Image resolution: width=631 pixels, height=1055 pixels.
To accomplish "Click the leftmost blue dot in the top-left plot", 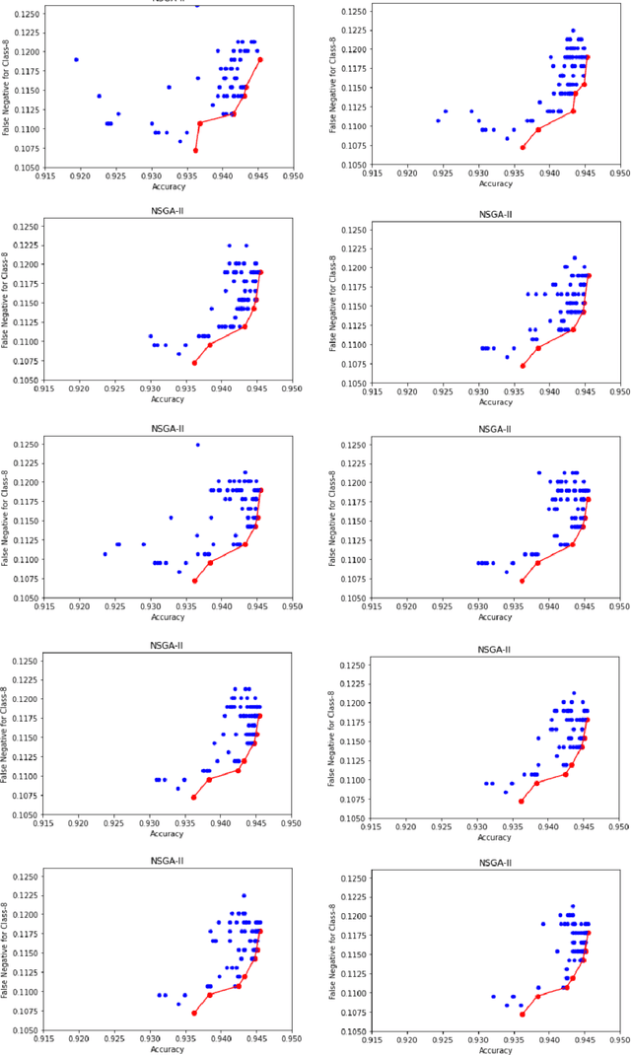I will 76,59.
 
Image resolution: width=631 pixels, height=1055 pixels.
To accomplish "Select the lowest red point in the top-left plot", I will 195,151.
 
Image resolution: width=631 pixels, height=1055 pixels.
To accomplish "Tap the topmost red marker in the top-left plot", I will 260,59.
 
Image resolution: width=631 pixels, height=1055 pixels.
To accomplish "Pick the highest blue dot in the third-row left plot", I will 197,445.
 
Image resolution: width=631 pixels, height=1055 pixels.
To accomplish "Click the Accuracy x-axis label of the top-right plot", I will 496,183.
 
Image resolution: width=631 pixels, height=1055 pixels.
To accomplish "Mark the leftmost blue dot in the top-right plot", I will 438,120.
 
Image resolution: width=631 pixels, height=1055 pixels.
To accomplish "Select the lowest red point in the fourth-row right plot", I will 522,801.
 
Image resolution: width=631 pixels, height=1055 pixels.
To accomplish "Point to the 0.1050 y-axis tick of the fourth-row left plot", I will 24,815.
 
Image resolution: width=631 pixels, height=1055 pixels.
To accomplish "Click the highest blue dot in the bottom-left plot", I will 244,895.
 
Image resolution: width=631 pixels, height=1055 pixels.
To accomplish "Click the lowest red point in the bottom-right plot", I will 522,1014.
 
